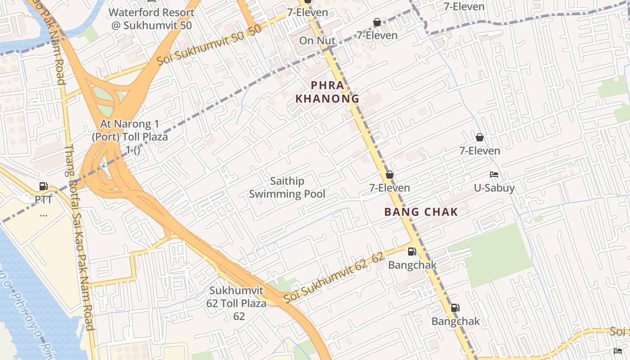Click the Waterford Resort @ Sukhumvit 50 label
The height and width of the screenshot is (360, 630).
152,19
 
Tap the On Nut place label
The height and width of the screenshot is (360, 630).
317,40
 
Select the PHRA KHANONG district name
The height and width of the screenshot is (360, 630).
327,92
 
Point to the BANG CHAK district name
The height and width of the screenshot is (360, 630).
421,212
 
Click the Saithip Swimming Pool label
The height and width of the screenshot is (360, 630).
287,188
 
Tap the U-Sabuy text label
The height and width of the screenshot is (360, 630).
494,188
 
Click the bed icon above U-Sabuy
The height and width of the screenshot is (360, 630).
494,175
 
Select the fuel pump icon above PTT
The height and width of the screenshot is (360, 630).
43,186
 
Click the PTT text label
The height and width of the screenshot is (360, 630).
44,199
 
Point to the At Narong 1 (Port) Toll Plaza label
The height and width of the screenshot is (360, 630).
130,136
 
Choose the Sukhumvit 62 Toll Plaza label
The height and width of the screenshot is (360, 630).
238,303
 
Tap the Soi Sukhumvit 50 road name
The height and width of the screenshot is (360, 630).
209,45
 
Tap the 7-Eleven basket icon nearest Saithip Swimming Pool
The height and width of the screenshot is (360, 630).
389,175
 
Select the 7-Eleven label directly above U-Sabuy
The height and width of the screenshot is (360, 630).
480,151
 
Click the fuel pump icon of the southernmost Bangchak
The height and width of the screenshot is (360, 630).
455,308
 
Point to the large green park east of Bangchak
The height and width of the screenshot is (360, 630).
495,256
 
